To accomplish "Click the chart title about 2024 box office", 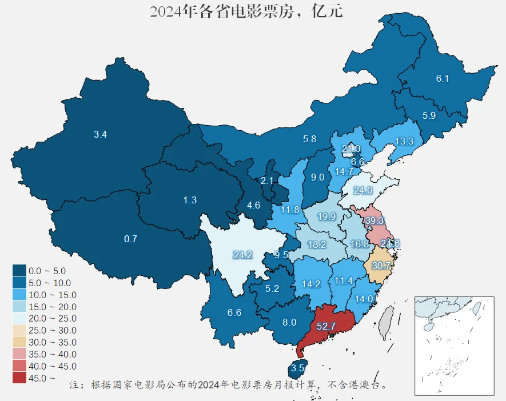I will pos(246,11).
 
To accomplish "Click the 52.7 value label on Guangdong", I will pos(325,326).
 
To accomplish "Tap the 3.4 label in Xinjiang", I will pos(101,135).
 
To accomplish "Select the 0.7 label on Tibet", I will pos(130,239).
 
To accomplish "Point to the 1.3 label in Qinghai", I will pos(190,200).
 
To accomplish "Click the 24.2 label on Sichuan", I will pos(242,255).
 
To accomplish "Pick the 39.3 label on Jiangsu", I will pos(375,220).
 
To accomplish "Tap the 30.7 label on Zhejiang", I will pos(381,266).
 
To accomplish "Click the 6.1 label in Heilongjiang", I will pos(443,79).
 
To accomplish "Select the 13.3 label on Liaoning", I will pos(404,141).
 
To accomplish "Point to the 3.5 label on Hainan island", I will pos(297,367).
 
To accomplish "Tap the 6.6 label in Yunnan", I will pos(234,312).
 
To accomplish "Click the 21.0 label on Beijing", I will pos(351,149).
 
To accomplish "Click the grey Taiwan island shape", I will pos(388,322).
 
